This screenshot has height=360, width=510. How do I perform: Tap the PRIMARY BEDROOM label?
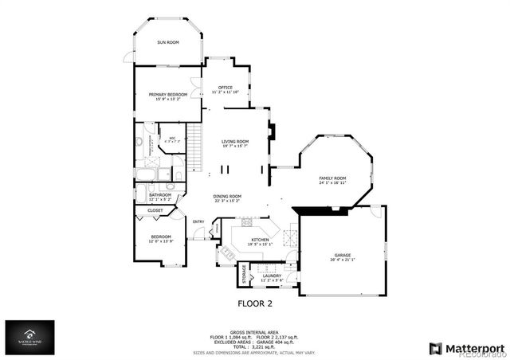[x=168, y=94]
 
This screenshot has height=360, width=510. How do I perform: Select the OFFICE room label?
[x=225, y=87]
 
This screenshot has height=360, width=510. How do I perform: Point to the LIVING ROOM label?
[x=235, y=141]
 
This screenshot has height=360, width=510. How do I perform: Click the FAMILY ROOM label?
[x=332, y=178]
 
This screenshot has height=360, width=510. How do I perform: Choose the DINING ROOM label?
[x=227, y=196]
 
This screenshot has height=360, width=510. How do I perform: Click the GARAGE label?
[x=343, y=256]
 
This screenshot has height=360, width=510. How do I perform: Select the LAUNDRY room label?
[x=273, y=276]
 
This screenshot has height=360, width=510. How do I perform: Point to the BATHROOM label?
[x=160, y=194]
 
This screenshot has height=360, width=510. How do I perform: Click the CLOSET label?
[x=155, y=210]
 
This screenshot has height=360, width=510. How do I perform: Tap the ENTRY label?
[x=199, y=221]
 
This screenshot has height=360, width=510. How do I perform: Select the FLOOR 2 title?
[x=255, y=303]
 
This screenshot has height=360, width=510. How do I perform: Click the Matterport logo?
[x=467, y=347]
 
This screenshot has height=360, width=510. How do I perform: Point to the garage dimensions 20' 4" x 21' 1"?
[x=343, y=260]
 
